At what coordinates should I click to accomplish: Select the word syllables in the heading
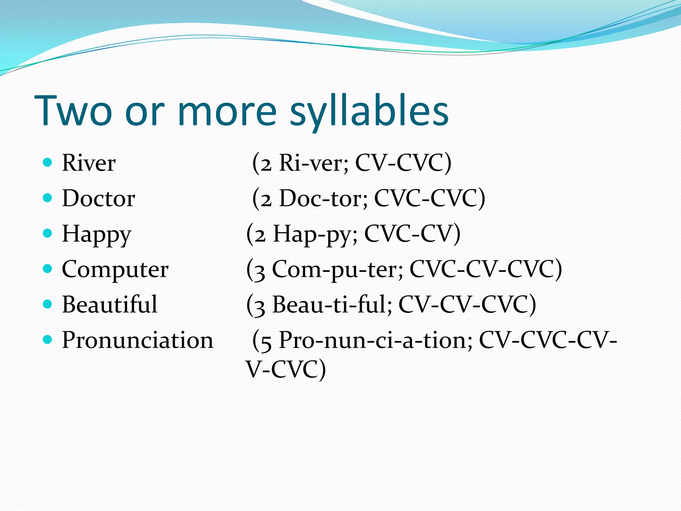click(x=369, y=111)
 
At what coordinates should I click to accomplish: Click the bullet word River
click(x=89, y=163)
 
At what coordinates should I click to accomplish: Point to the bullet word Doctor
click(x=98, y=199)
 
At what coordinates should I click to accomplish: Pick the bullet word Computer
click(x=115, y=270)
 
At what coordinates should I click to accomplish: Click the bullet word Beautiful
click(x=109, y=305)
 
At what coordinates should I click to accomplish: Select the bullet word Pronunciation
click(x=138, y=340)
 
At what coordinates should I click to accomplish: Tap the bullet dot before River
click(x=48, y=162)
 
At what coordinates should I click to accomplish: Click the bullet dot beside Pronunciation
click(x=48, y=340)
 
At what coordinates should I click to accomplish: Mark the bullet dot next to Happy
click(x=48, y=233)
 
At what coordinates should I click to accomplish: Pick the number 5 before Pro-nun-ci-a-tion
click(x=265, y=342)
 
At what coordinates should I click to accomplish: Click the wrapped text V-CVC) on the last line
click(x=286, y=369)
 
